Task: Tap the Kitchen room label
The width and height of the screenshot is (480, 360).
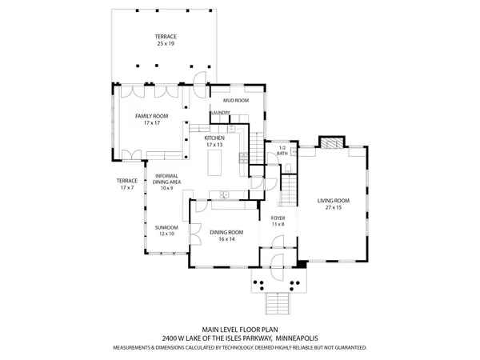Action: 214,138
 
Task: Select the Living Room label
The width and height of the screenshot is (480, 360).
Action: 334,200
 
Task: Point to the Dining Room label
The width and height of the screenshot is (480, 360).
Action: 226,232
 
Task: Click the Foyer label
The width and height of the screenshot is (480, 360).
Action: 278,218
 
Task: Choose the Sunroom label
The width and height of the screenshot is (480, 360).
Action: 166,228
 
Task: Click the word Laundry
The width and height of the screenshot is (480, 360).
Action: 220,113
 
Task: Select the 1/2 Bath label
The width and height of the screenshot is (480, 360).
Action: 282,148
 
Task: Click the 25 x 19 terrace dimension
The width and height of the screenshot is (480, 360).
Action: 166,44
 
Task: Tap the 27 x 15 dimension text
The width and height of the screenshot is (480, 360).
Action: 334,207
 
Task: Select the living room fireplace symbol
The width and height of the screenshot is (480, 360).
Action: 330,143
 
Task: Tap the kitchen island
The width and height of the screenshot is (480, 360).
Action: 215,164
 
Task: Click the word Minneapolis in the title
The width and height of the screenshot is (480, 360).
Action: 297,338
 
